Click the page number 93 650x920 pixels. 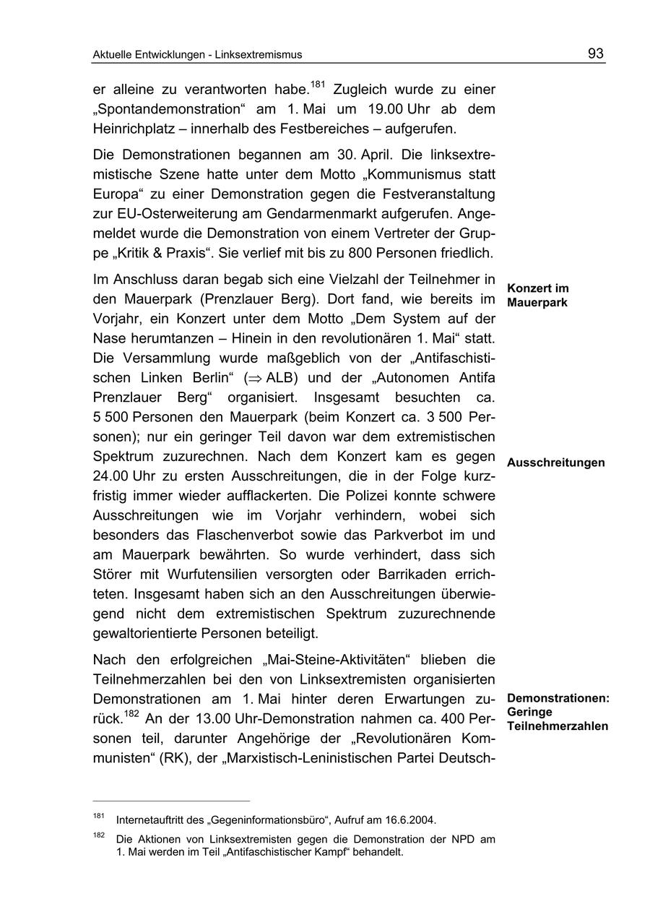click(596, 53)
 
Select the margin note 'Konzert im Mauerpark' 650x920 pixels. click(537, 296)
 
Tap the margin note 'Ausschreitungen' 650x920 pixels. click(555, 463)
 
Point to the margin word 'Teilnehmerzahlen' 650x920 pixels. click(557, 726)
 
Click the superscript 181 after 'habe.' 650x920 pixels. click(318, 85)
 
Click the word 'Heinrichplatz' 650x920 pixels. click(137, 128)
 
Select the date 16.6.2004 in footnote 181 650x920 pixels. click(410, 820)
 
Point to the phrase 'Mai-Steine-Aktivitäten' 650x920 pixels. click(337, 660)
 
